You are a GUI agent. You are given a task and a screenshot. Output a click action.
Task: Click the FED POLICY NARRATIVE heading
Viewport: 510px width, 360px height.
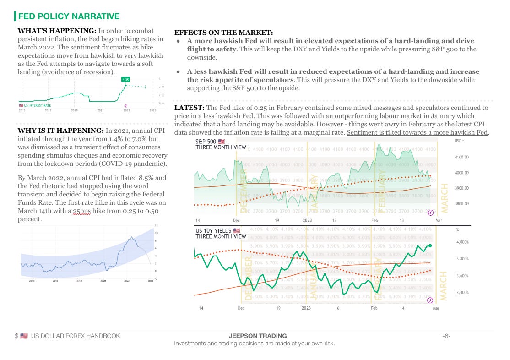(69, 16)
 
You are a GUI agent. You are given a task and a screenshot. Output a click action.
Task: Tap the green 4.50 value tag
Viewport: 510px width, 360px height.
(125, 79)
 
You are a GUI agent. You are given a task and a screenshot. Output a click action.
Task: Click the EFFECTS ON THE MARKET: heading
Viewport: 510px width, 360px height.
(224, 33)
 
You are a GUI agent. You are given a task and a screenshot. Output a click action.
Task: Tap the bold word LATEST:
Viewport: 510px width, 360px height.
(189, 108)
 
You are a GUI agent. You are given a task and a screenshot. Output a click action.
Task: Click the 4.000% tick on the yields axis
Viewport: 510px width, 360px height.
(463, 242)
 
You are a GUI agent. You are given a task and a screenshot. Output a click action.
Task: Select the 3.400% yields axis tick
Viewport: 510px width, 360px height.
(463, 292)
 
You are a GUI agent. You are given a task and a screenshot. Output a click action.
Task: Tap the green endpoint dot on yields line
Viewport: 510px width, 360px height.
(430, 245)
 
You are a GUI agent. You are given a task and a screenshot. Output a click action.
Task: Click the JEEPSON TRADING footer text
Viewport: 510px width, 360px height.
(255, 336)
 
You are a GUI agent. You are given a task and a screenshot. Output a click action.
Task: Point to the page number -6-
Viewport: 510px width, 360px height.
(446, 336)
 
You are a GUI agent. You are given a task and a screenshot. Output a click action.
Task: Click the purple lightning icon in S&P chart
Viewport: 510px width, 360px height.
(430, 213)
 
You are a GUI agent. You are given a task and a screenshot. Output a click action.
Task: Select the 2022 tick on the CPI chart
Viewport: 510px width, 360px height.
(127, 281)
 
